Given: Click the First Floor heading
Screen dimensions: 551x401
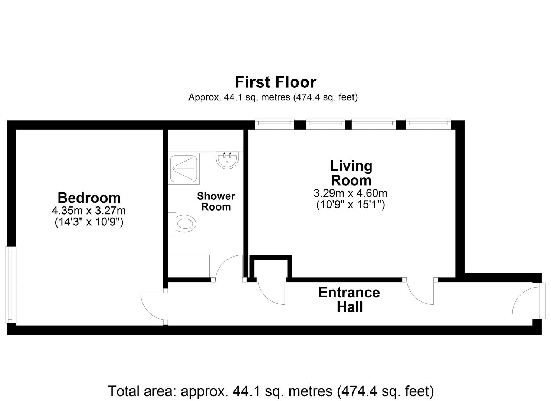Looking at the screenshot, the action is click(275, 82).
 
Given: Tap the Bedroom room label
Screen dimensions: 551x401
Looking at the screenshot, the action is click(89, 198).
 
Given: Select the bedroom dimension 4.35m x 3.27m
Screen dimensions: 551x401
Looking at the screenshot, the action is click(89, 211).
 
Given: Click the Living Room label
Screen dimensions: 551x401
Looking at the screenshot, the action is click(351, 173).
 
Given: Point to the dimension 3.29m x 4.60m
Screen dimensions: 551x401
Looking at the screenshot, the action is click(350, 193).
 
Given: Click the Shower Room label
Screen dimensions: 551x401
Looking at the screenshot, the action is click(216, 201).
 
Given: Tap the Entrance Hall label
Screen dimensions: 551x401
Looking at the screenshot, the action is click(349, 300).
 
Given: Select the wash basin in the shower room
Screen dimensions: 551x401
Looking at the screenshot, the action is click(227, 160).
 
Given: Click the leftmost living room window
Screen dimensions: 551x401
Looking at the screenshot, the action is click(275, 124).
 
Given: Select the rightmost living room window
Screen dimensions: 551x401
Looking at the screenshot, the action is click(428, 124).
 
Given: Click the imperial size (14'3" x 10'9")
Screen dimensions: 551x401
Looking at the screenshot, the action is click(89, 222).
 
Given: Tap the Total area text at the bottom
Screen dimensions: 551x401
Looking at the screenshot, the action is click(271, 391).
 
